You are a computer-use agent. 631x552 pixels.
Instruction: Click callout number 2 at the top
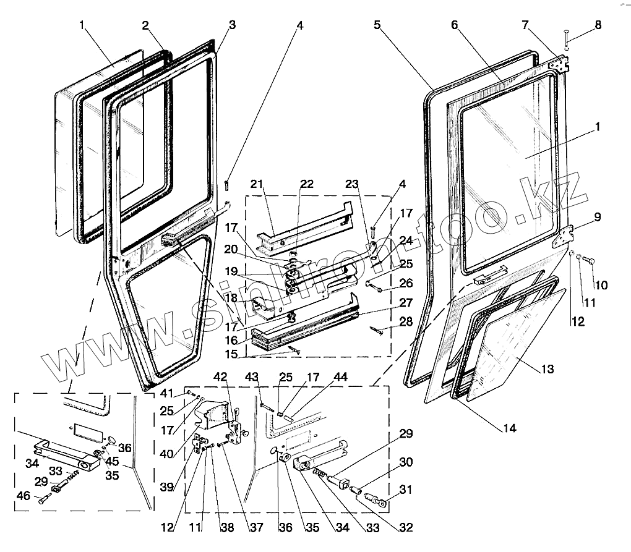point(145,25)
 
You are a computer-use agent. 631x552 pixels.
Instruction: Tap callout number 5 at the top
point(377,25)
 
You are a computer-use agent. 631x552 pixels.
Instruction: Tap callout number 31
point(406,490)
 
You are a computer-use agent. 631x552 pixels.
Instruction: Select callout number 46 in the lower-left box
point(24,495)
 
